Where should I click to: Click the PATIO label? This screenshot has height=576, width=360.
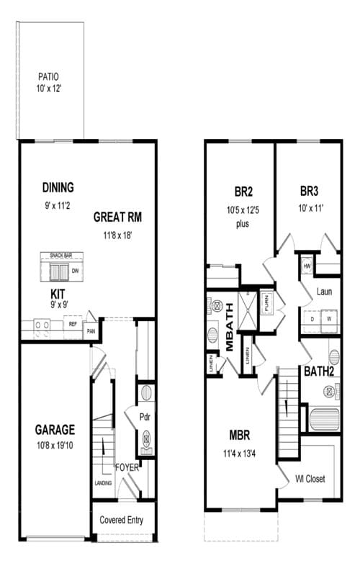48,76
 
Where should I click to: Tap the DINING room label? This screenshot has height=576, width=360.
58,188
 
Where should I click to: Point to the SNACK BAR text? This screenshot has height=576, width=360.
61,256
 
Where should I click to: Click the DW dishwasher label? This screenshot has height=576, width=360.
75,271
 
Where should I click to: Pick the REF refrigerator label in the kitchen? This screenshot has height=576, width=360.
73,325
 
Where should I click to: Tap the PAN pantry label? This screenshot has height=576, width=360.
91,330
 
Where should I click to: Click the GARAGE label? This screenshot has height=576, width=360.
55,430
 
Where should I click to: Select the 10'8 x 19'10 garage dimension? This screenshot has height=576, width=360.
55,446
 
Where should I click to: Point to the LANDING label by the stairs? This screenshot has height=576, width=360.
103,483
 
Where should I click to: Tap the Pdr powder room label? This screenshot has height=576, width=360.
144,415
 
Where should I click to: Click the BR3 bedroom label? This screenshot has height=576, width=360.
310,192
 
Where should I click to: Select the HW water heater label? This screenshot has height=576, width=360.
307,266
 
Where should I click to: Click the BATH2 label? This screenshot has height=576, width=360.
318,372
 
